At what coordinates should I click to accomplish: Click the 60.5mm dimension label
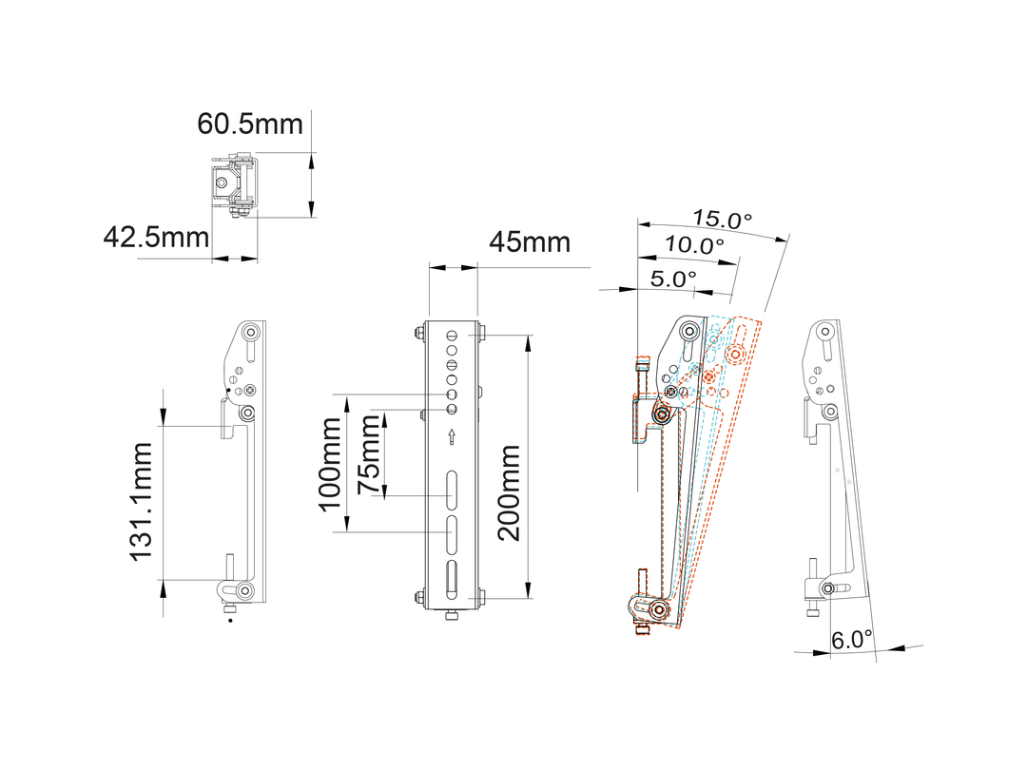coord(250,124)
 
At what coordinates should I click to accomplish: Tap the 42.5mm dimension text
coord(156,237)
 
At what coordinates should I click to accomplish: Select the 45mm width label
coord(530,242)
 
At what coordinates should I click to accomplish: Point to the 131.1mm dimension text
coord(142,502)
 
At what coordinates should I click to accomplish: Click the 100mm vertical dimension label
coord(330,464)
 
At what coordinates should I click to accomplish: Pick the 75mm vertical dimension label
coord(369,455)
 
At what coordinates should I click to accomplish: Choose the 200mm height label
coord(509,492)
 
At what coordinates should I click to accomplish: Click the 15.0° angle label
coord(722,220)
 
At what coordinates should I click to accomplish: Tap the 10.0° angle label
coord(694,245)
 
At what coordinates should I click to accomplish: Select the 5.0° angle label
coord(673,279)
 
